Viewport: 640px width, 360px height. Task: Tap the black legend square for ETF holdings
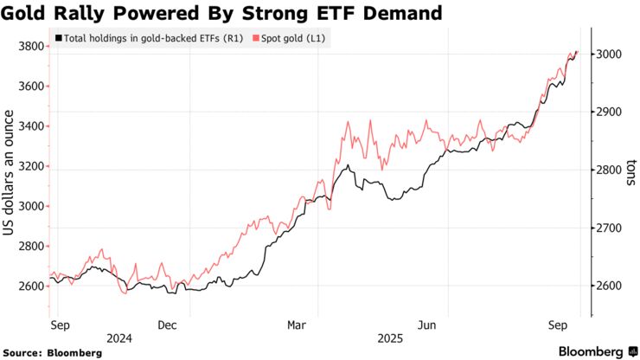coord(58,39)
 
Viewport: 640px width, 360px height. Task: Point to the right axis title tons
coord(630,169)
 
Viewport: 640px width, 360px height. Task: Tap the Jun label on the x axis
coord(426,325)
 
